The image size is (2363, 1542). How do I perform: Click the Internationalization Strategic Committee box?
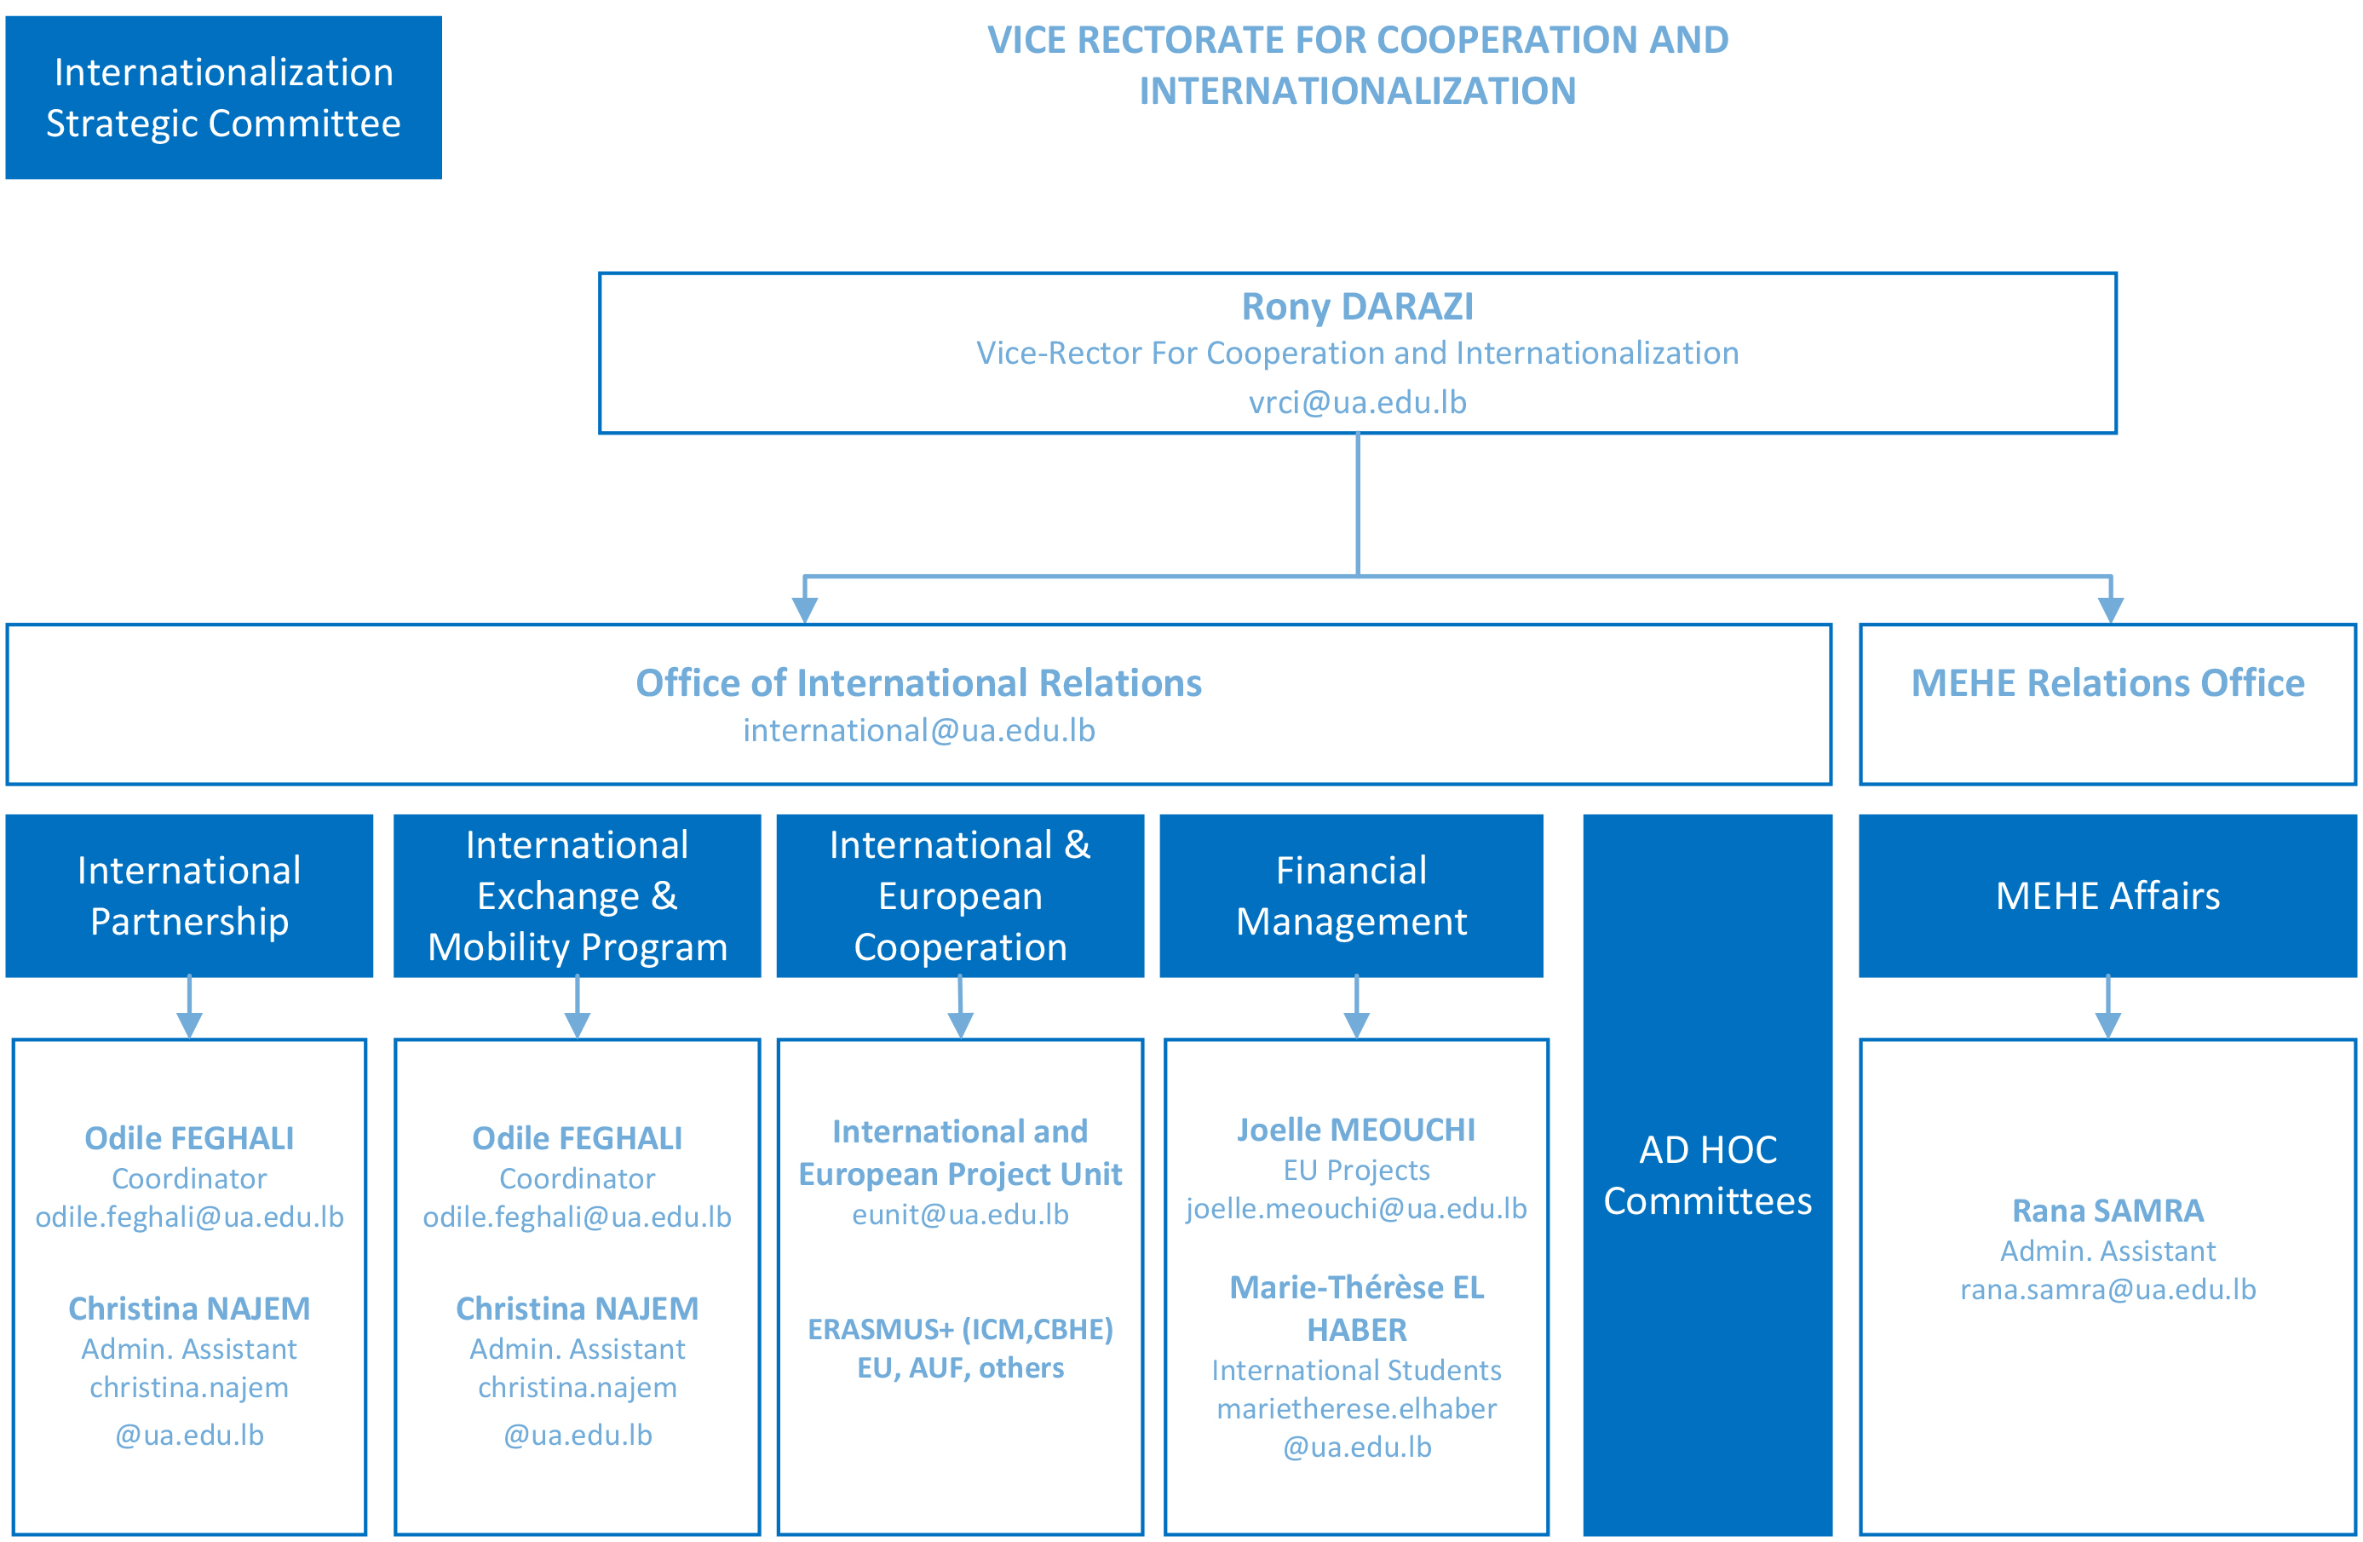click(223, 97)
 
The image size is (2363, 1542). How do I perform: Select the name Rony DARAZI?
click(1357, 307)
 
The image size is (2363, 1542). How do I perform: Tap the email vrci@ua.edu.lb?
click(1357, 402)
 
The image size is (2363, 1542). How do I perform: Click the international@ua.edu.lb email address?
click(918, 731)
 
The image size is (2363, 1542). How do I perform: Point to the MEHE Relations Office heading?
click(2107, 683)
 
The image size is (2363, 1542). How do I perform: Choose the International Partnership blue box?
click(190, 895)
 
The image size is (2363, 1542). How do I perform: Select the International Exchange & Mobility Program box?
click(577, 895)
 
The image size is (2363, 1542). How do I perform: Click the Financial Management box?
click(1351, 895)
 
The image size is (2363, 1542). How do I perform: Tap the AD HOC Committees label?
click(1708, 1175)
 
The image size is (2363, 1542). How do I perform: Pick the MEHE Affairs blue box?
click(2107, 895)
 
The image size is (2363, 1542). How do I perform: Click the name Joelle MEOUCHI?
click(1356, 1130)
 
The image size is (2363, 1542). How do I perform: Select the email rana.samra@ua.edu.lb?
click(2107, 1290)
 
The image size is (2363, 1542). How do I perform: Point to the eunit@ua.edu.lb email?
click(960, 1214)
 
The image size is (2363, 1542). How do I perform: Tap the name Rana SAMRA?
click(2107, 1211)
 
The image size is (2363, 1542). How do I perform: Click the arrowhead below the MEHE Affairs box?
click(2107, 1025)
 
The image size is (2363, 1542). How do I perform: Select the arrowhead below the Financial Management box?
click(1356, 1025)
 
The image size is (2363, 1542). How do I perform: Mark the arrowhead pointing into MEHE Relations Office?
click(2111, 608)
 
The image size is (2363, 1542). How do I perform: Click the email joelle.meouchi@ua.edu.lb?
click(1356, 1208)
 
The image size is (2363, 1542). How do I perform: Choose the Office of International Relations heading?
click(918, 683)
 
